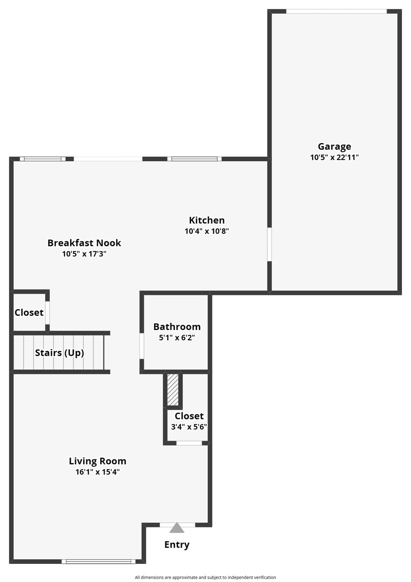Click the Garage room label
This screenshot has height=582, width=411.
[x=334, y=147]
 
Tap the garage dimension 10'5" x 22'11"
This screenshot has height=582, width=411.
[x=334, y=157]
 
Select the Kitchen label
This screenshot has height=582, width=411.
[x=207, y=220]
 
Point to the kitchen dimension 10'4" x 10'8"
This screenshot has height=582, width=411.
[x=207, y=231]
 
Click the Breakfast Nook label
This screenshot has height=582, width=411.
[x=84, y=243]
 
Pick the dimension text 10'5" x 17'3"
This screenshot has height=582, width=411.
[x=84, y=253]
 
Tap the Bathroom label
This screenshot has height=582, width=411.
[x=177, y=327]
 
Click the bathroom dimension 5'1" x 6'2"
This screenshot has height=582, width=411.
[x=177, y=338]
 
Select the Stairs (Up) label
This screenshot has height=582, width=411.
[x=60, y=353]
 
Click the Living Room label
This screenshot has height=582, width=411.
[x=97, y=461]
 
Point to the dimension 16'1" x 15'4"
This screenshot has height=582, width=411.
[x=97, y=472]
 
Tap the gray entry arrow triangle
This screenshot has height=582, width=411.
[x=177, y=528]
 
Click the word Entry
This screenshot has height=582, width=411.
[x=177, y=544]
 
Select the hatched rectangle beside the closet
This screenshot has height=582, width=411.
[x=173, y=390]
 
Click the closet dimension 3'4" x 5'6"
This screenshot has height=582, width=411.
[x=189, y=427]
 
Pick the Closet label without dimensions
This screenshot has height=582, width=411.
[x=29, y=312]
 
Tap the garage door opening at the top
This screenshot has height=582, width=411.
[x=336, y=11]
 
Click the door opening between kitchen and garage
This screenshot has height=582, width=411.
[x=270, y=244]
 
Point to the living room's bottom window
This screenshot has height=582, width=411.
[x=99, y=562]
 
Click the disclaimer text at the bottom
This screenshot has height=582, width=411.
[x=206, y=577]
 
